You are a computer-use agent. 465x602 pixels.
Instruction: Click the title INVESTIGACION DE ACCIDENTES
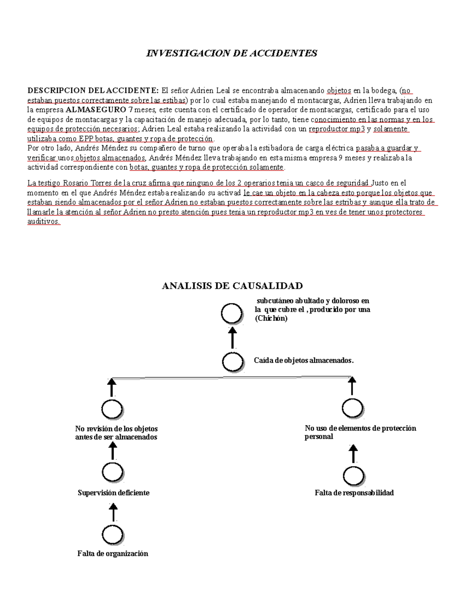click(231, 53)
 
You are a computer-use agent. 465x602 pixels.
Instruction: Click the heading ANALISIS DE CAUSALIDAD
click(232, 286)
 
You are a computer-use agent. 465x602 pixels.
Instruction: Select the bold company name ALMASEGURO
click(96, 110)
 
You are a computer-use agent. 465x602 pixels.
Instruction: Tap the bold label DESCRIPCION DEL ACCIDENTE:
click(93, 91)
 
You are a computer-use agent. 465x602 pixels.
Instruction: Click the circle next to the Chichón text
click(232, 313)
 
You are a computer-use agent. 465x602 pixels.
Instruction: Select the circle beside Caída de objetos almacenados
click(233, 362)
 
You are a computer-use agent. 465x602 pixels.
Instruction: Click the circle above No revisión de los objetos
click(112, 409)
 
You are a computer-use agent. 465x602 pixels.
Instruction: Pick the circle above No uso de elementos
click(352, 408)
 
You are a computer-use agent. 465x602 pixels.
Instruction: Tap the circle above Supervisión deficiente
click(113, 472)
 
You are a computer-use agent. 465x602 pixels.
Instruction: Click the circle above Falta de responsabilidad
click(353, 476)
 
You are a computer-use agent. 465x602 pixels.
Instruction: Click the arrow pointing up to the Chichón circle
click(232, 337)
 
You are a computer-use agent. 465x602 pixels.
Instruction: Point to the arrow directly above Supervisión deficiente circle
click(113, 451)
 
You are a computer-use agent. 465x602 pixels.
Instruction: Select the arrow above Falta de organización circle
click(113, 512)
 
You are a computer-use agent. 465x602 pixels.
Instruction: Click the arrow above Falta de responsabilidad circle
click(353, 454)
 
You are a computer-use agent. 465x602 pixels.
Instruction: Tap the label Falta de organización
click(113, 554)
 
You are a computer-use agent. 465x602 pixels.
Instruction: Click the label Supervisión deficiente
click(114, 493)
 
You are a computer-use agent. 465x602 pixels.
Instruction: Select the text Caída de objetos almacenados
click(304, 361)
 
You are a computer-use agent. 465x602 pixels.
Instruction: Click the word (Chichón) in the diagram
click(271, 318)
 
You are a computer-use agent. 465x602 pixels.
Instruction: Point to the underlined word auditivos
click(43, 222)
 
